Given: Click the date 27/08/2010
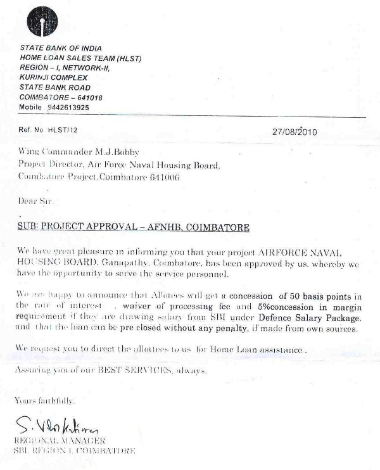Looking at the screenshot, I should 294,132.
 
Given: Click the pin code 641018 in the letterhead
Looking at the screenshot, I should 87,98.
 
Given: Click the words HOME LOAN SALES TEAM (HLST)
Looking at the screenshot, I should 80,58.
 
